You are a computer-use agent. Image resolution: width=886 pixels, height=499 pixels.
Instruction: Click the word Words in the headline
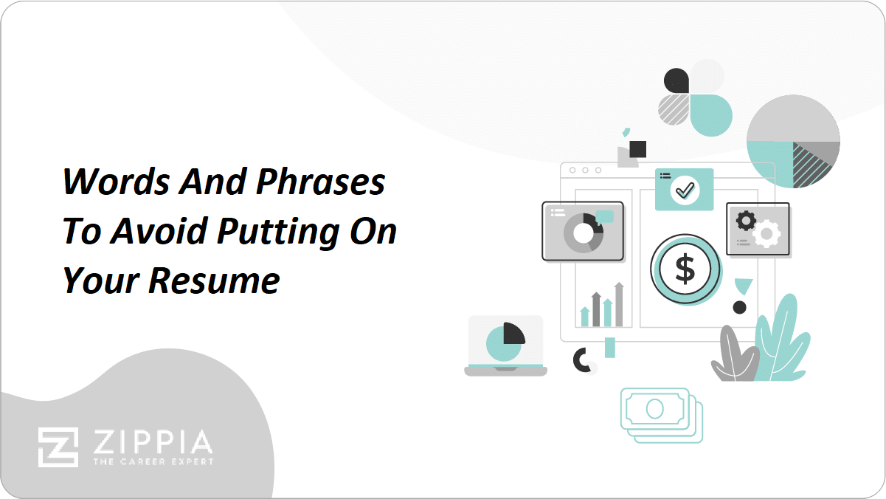click(117, 182)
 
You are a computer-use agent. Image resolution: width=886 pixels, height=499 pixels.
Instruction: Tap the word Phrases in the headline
click(321, 182)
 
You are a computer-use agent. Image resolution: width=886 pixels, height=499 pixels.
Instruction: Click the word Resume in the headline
click(215, 281)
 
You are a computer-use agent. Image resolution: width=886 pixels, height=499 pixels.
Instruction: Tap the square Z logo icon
click(58, 447)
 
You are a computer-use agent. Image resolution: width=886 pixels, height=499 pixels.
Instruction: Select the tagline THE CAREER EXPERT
click(153, 462)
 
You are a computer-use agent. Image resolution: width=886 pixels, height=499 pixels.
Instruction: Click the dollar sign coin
click(686, 269)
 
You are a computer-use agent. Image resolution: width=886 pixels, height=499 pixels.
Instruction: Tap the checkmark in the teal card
click(685, 190)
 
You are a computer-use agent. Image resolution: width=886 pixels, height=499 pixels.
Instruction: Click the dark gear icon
click(746, 221)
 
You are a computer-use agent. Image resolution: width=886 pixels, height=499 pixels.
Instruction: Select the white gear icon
click(766, 233)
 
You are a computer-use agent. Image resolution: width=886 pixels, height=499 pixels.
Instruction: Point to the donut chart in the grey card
click(584, 233)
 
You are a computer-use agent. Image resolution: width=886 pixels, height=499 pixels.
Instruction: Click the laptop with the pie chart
click(505, 345)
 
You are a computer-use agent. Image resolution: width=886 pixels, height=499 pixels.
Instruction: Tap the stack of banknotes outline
click(661, 416)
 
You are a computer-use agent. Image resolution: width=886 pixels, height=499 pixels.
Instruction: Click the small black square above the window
click(637, 150)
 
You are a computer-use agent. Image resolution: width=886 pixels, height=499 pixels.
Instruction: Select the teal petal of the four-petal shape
click(710, 115)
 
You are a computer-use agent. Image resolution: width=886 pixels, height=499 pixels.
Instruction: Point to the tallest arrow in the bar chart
click(619, 304)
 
